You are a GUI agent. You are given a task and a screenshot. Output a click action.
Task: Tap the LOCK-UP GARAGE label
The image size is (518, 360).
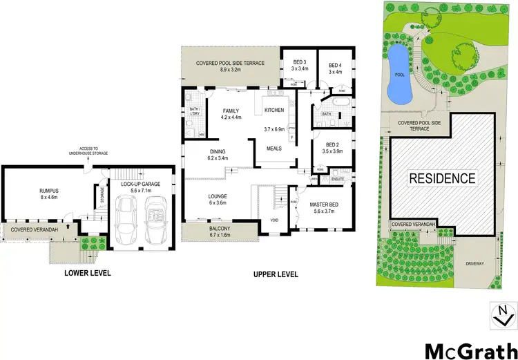[138, 184]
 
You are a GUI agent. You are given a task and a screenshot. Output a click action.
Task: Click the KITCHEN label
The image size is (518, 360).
[274, 111]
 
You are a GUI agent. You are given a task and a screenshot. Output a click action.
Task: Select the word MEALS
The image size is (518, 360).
[274, 149]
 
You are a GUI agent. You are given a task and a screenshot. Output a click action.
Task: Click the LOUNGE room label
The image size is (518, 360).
[218, 200]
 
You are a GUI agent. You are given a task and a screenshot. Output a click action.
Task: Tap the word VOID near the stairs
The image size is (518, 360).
[274, 220]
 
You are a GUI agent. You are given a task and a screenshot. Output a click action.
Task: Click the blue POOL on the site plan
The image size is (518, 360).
[397, 75]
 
